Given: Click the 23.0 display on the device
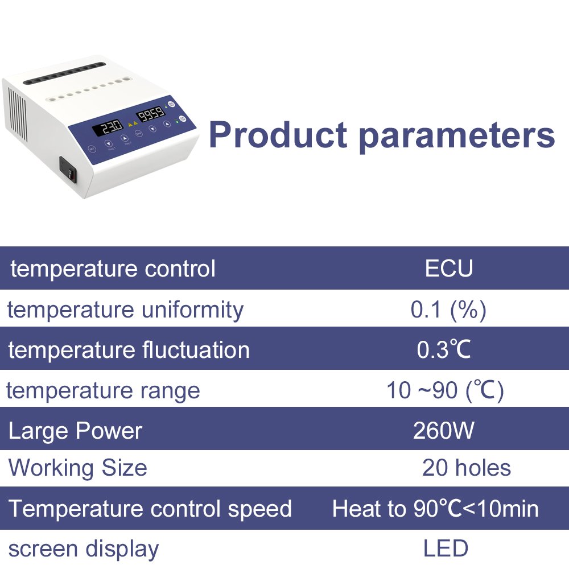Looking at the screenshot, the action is coord(108,129).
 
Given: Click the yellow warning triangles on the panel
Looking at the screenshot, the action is coord(133,124).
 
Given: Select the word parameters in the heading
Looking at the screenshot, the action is coord(457,137).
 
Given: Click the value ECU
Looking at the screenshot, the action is coord(449,269).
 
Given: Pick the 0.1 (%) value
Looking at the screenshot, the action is coord(448,310).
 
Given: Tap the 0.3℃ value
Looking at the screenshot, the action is coord(443,350).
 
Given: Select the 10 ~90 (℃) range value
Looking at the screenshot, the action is coord(445,391).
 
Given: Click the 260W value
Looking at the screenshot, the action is coord(443,431).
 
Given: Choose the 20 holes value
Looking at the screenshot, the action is coord(467,468).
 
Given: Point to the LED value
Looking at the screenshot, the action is coord(446,549).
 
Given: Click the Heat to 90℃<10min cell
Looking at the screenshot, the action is coord(435,508).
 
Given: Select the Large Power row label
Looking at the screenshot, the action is coord(75,431).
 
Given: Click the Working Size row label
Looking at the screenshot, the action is coord(77,468).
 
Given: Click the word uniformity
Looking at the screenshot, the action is coord(192,311).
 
